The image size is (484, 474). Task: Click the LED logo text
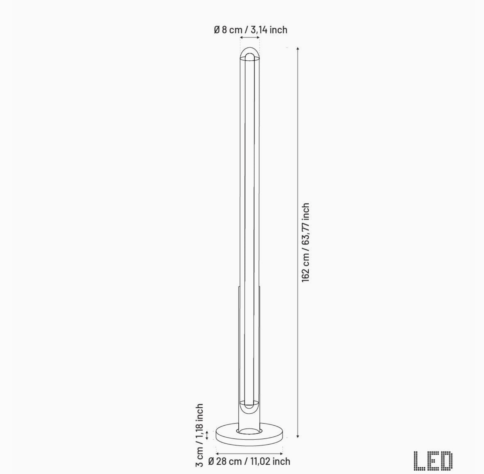pyautogui.click(x=433, y=460)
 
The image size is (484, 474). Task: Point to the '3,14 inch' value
pyautogui.click(x=269, y=30)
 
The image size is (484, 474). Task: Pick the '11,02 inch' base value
pyautogui.click(x=272, y=461)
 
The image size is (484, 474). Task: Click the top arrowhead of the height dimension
pyautogui.click(x=298, y=49)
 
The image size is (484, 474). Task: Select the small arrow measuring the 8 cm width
pyautogui.click(x=250, y=38)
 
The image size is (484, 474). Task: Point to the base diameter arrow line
pyautogui.click(x=249, y=454)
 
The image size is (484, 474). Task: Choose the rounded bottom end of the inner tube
pyautogui.click(x=249, y=406)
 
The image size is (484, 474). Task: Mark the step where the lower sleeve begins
pyautogui.click(x=239, y=287)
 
